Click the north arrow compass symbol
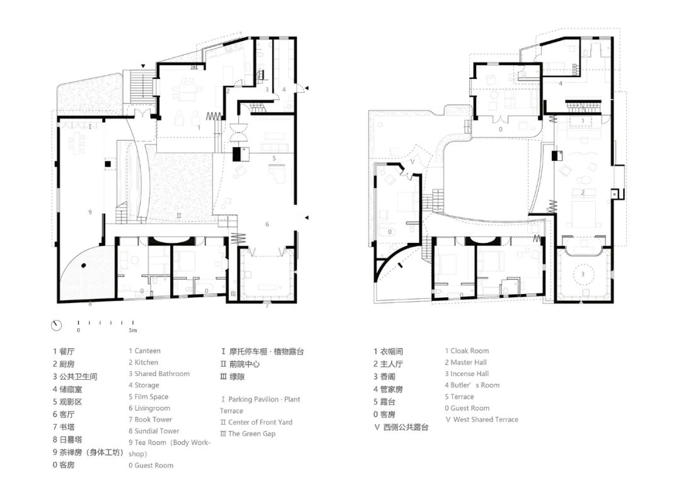pos(57,325)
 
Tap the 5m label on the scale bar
pos(132,330)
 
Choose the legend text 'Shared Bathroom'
pos(161,373)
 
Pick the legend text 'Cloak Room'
pos(469,351)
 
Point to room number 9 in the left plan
pos(90,212)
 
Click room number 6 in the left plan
pos(267,224)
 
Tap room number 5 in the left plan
pos(274,158)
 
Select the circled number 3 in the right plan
pos(583,274)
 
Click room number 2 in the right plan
pos(583,192)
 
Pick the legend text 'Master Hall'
pos(469,362)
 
